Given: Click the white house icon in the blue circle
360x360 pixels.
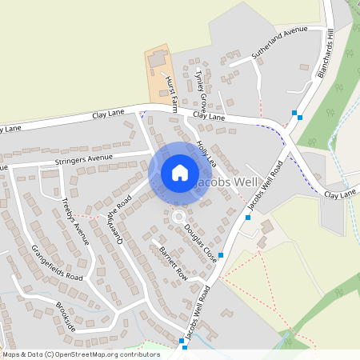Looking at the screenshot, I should click(x=179, y=173).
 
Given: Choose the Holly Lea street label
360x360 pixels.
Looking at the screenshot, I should click(x=207, y=154).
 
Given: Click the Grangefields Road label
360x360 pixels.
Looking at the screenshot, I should click(x=57, y=256).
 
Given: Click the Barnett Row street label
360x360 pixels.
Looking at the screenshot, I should click(x=172, y=263).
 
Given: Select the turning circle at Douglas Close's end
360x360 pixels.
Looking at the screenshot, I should click(x=178, y=217).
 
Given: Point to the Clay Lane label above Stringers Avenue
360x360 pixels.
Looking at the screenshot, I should click(x=109, y=115).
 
